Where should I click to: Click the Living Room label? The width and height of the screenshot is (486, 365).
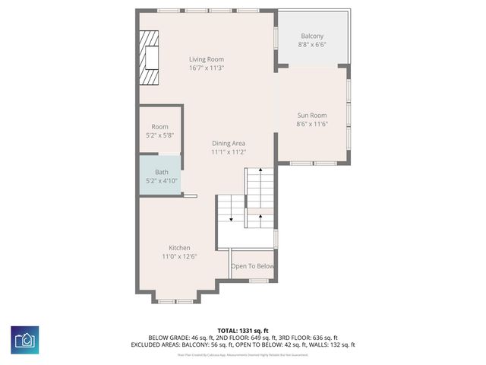click(206, 59)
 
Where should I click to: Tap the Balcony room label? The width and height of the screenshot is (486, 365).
click(311, 36)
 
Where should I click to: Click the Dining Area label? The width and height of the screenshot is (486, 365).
click(228, 143)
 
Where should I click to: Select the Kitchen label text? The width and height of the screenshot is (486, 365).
click(179, 248)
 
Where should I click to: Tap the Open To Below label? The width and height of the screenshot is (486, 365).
click(252, 266)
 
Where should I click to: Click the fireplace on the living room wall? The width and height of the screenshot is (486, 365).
click(148, 58)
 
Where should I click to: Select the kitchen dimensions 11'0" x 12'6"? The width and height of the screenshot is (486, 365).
click(179, 257)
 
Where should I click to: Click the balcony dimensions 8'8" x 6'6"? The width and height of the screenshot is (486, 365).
click(311, 46)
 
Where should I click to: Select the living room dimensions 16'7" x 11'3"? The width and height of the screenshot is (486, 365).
click(206, 68)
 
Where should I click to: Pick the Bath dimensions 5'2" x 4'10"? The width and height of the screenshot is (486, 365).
click(161, 181)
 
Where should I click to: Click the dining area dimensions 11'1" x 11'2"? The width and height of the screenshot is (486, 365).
click(228, 152)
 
